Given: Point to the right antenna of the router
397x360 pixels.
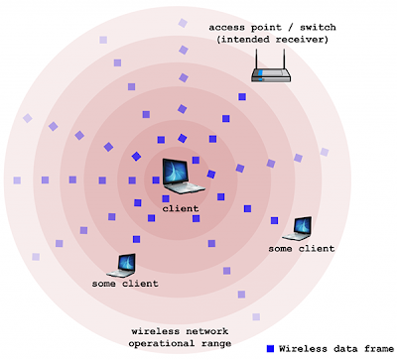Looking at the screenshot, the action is pos(284,59).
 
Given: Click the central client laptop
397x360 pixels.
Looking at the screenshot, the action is pos(183,176).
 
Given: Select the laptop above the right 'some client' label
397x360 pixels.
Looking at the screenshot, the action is pos(298,228).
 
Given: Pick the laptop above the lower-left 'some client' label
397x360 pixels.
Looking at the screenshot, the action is pos(121,265).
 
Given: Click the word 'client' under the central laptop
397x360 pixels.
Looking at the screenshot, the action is pos(181,208).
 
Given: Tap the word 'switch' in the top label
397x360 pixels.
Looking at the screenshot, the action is pos(318,27).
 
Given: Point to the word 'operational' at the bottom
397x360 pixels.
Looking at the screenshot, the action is pos(159,344).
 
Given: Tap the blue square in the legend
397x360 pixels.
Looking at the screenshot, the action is pos(271,349).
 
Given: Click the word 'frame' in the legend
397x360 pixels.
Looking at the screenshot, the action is pos(379,349).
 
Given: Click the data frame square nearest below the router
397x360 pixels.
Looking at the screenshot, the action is pos(242,96).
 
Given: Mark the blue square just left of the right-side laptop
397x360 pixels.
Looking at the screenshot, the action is pos(274,220).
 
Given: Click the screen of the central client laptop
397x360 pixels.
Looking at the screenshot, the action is pos(175,172).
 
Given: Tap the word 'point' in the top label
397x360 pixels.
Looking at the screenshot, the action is pos(266,28).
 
